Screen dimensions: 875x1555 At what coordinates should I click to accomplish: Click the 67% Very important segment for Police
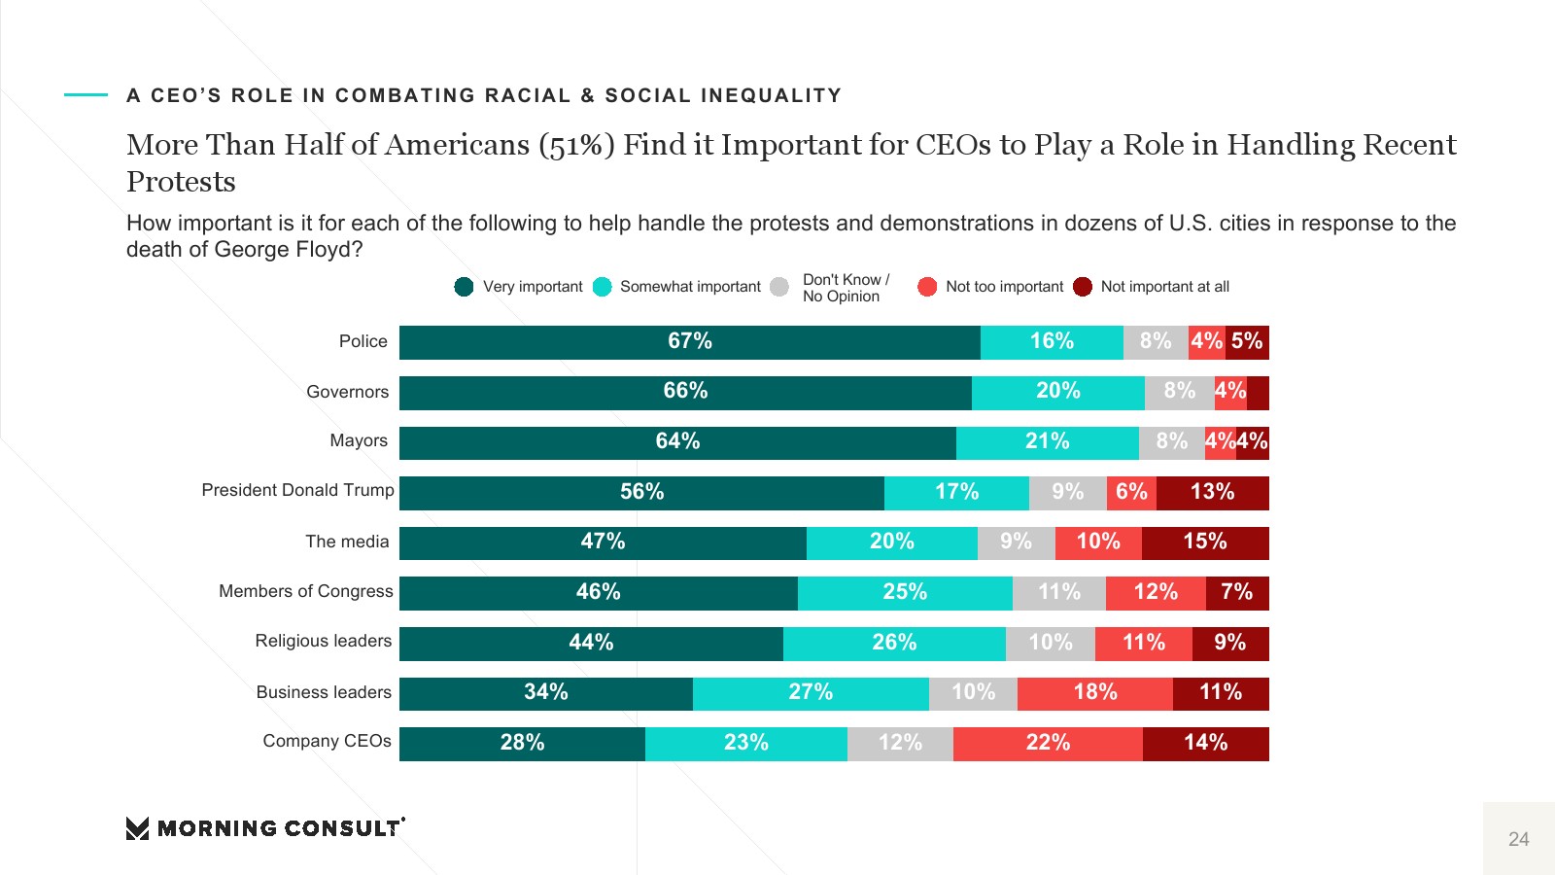pos(690,342)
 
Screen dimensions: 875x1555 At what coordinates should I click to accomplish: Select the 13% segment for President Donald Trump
pos(1213,493)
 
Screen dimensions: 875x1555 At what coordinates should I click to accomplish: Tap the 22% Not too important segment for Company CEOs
pos(1048,744)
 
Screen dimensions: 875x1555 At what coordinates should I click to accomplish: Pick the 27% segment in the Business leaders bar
pos(811,693)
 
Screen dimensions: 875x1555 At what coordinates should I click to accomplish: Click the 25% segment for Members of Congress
pos(905,593)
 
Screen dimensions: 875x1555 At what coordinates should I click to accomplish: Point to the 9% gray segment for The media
pos(1016,542)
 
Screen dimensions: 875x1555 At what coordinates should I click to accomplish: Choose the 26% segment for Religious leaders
pos(894,644)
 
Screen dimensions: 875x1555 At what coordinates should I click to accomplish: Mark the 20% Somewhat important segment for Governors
pos(1057,392)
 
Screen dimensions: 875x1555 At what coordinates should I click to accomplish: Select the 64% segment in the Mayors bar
pos(677,442)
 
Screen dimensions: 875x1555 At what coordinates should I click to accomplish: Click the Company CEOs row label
pos(327,742)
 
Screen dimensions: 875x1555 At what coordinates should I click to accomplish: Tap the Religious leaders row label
pos(323,642)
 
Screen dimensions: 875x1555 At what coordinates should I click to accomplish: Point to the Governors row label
pos(347,392)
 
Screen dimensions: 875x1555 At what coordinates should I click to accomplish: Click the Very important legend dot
pos(464,287)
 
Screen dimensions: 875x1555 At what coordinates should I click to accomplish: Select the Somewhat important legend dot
pos(603,287)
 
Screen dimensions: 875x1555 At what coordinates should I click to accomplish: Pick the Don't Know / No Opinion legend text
pos(845,288)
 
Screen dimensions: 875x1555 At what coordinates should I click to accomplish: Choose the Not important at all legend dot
pos(1083,287)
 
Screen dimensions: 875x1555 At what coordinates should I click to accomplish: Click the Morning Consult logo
pos(265,828)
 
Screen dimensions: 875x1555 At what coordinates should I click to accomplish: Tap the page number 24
pos(1518,839)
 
